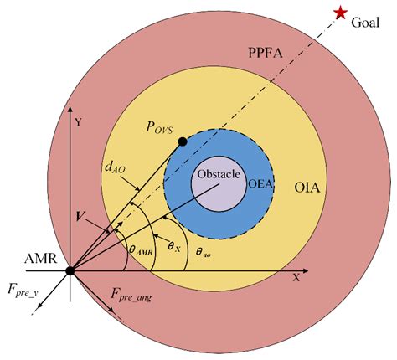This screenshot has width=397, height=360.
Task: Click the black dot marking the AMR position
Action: click(70, 270)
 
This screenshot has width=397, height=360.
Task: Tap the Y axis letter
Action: click(77, 122)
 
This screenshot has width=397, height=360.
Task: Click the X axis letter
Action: click(295, 275)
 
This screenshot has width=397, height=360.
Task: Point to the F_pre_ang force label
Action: click(133, 293)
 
